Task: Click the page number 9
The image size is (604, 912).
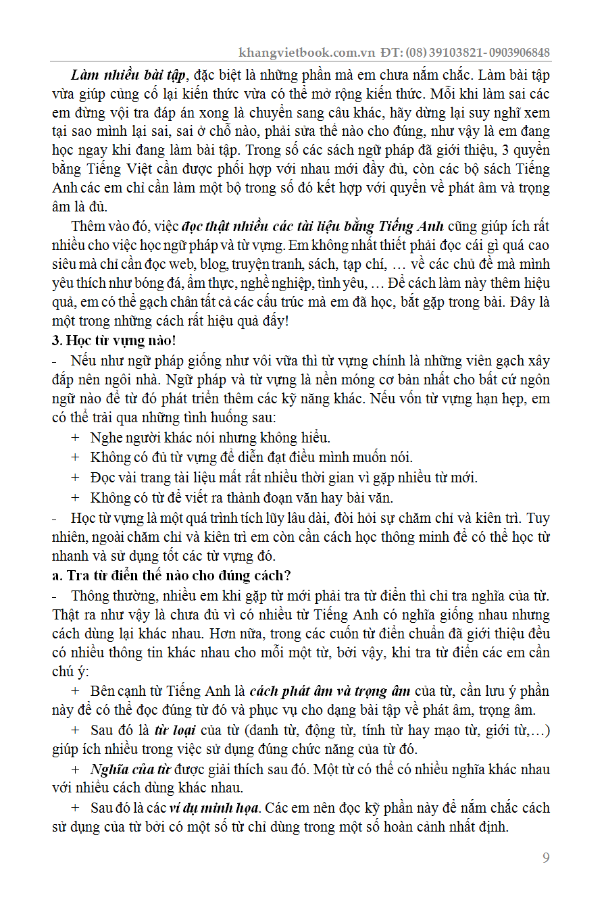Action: tap(546, 858)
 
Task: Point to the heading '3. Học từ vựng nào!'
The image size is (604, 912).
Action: tap(114, 340)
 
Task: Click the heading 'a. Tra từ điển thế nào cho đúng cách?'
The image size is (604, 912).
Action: tap(172, 576)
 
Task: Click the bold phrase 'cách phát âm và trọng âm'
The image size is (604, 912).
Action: tap(330, 691)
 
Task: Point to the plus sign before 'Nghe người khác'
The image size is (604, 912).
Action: tap(75, 438)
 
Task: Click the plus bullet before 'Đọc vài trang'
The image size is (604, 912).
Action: tap(75, 478)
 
